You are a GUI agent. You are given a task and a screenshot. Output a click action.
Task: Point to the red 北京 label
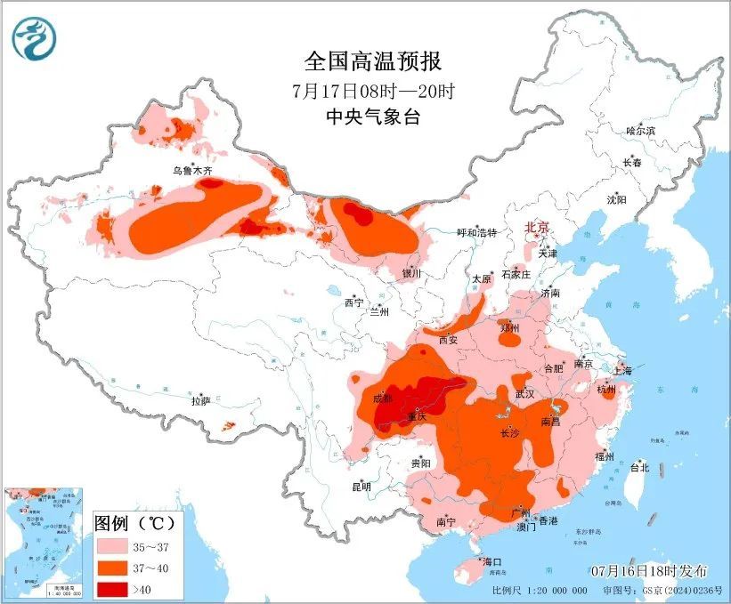coord(539,228)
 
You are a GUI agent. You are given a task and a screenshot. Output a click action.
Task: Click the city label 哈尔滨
coord(640,131)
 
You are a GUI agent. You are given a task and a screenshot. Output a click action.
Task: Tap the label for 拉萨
coord(200,401)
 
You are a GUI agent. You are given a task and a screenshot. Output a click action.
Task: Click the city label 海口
coord(492,562)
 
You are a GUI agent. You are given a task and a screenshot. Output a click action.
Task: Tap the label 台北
coord(639,467)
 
